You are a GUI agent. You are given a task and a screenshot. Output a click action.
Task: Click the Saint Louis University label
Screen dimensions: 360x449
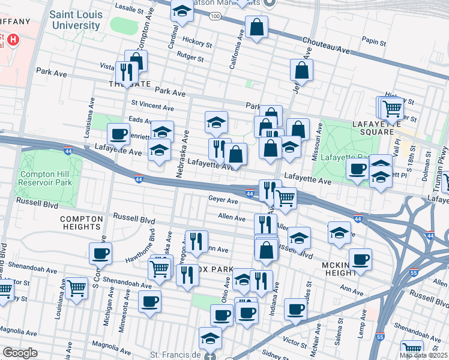click(x=74, y=20)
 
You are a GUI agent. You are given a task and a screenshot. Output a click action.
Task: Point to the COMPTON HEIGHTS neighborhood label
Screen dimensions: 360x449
click(x=80, y=223)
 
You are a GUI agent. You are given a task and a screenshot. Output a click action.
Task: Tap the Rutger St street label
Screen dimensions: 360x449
click(x=191, y=55)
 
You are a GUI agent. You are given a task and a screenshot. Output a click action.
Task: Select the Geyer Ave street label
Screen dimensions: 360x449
click(x=220, y=198)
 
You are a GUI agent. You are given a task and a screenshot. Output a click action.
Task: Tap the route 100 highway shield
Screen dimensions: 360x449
click(x=215, y=16)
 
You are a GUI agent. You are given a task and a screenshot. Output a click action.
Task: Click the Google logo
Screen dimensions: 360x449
click(x=20, y=353)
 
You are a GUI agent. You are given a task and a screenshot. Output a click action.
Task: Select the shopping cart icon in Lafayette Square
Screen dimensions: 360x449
click(x=392, y=109)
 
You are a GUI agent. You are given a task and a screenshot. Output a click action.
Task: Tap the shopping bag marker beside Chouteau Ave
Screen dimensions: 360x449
click(x=256, y=27)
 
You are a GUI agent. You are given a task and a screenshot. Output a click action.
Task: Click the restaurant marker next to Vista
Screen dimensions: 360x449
click(x=126, y=72)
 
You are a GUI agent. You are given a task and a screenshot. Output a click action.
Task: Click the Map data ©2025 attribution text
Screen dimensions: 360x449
click(x=424, y=355)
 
